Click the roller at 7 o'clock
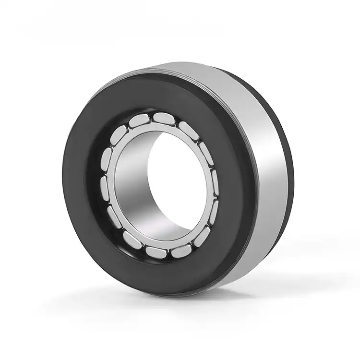tap(132, 240)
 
